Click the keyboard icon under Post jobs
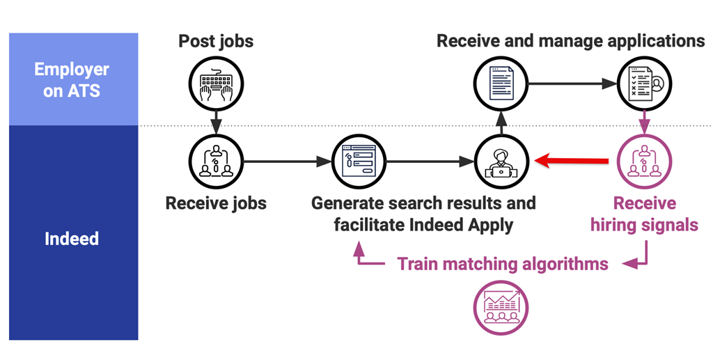216,84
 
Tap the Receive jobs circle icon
216,162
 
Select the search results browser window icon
359,162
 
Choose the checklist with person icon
645,84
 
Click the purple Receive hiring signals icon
645,162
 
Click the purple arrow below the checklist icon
645,123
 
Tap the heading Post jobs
216,40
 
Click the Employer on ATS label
72,79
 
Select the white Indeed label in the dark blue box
72,239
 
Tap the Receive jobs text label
216,203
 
